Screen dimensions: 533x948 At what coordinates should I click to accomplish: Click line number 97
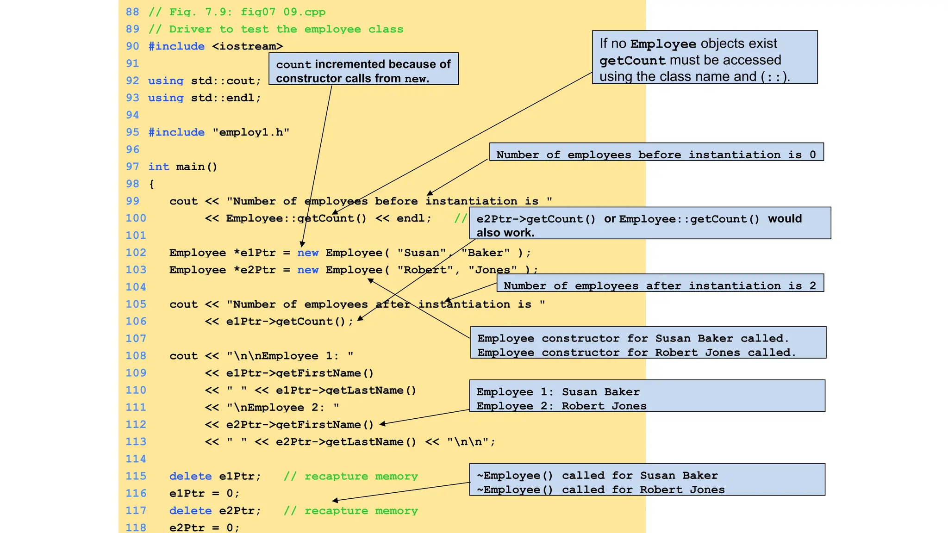tap(132, 167)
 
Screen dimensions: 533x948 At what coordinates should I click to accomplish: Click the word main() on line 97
tap(196, 167)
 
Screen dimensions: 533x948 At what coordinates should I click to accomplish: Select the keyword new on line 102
tap(308, 253)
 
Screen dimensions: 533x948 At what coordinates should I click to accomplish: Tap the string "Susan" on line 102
tap(421, 253)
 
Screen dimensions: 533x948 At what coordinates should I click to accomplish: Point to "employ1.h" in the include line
tap(251, 132)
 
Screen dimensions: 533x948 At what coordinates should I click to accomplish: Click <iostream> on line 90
tap(248, 46)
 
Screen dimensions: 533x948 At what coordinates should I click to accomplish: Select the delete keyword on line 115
tap(190, 476)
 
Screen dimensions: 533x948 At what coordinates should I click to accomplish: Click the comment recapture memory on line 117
tap(361, 511)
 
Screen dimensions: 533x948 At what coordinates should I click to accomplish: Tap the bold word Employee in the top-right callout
tap(663, 44)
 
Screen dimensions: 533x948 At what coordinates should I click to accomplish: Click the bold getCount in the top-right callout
tap(632, 61)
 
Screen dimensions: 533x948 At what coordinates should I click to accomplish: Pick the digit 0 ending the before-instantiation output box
tap(812, 155)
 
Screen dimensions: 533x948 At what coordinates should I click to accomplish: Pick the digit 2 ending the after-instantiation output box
tap(812, 285)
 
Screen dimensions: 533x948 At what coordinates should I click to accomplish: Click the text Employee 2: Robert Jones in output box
tap(561, 406)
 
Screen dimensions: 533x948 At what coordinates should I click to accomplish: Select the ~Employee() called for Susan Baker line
tap(597, 476)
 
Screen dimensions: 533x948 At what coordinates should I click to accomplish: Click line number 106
tap(136, 322)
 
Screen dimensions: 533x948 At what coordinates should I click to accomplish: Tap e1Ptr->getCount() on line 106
tap(289, 322)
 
